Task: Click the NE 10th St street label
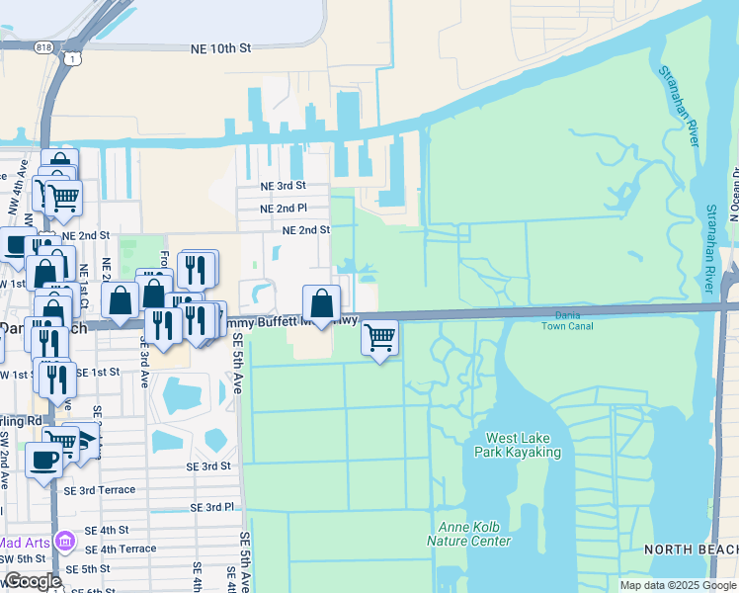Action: [225, 47]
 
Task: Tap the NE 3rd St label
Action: [283, 186]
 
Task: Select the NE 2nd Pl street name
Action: [284, 210]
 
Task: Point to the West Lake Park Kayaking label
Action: [523, 446]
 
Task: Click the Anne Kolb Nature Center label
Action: [468, 534]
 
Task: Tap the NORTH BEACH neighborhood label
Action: [691, 549]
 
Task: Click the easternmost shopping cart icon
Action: [380, 337]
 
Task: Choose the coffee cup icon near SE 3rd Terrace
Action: [42, 460]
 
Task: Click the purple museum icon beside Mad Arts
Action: [65, 542]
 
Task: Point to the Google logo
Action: [32, 582]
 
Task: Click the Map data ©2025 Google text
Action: [678, 585]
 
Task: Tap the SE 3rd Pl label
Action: [212, 507]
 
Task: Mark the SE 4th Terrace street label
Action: [121, 550]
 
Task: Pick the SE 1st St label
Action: [98, 372]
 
